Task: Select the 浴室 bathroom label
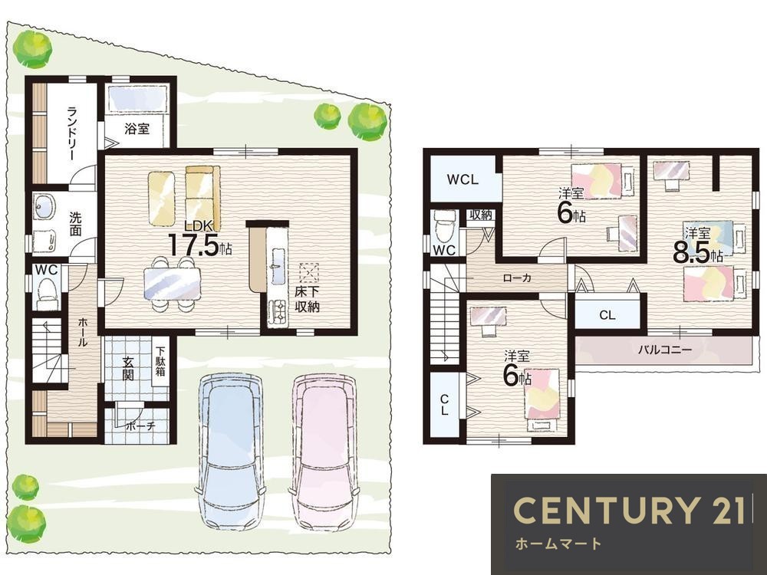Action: [137, 129]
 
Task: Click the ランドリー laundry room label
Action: [71, 133]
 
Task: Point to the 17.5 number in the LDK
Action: [194, 245]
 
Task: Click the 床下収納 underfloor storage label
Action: [307, 299]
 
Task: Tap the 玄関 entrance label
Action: [128, 369]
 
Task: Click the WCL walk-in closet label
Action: [463, 179]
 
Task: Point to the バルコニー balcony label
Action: [665, 350]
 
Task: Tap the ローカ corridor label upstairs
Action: [517, 278]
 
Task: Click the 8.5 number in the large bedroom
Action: [691, 253]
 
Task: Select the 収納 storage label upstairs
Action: [481, 215]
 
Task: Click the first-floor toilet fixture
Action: [48, 291]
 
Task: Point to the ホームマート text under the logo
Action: [558, 544]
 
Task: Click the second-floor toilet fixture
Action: [445, 227]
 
